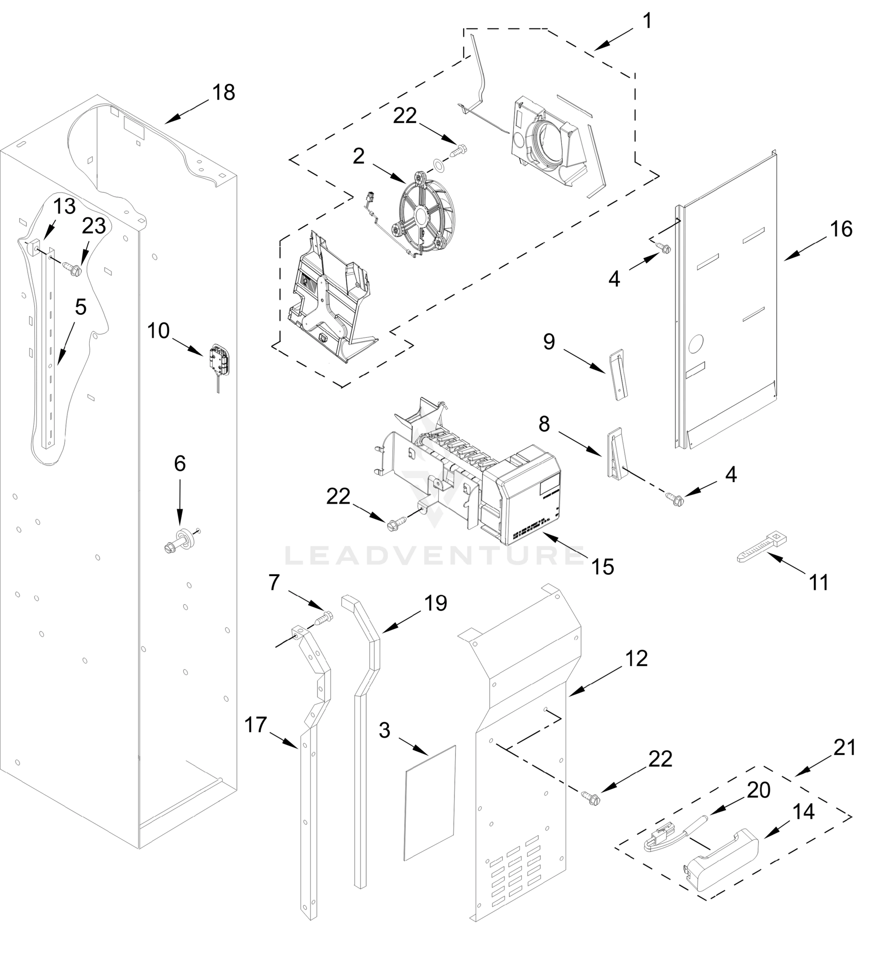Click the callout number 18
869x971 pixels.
(223, 92)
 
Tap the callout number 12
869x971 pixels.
(636, 659)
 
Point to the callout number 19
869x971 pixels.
(435, 603)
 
